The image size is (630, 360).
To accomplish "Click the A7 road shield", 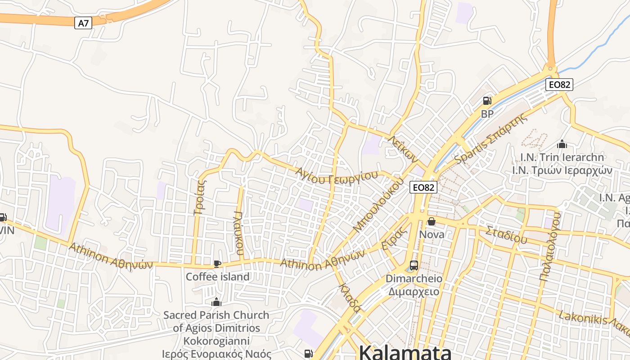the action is [83, 23].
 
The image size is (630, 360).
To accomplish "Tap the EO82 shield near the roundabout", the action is [560, 84].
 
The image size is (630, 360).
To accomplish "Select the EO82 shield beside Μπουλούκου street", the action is [423, 187].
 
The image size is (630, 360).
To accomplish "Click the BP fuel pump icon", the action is [487, 101].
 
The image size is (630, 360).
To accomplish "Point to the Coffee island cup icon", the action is [217, 264].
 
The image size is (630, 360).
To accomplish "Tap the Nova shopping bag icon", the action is [432, 221].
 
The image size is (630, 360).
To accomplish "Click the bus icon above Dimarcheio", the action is [414, 265].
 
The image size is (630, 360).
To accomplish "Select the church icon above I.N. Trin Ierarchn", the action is [562, 144].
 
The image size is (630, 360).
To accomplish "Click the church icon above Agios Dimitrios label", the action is [216, 302].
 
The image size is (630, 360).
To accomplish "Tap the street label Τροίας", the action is [199, 198].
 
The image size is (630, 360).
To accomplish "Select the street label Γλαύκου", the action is [239, 233].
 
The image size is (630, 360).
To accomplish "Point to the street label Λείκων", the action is [404, 149].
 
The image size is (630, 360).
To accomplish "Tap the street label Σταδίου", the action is [506, 235].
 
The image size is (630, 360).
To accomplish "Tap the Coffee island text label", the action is [218, 277].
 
